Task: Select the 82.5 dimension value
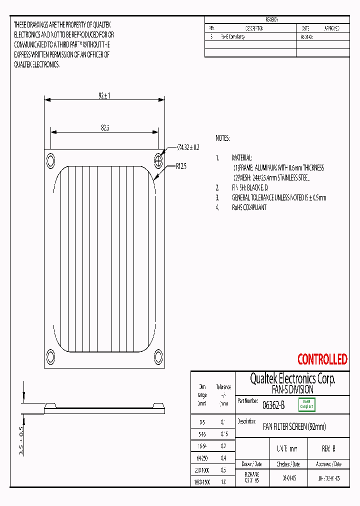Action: click(105, 128)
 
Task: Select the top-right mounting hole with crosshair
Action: click(158, 160)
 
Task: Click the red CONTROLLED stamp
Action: click(322, 359)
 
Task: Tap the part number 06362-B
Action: click(273, 405)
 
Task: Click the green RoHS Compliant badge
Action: click(306, 404)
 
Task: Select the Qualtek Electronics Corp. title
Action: click(292, 378)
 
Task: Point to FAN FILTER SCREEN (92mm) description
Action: click(294, 426)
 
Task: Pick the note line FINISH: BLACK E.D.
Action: click(250, 187)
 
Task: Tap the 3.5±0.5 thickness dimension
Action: click(21, 440)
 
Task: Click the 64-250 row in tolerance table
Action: click(202, 457)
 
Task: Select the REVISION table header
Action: click(272, 20)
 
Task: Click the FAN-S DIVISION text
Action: click(292, 389)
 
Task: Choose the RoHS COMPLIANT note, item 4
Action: click(249, 207)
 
